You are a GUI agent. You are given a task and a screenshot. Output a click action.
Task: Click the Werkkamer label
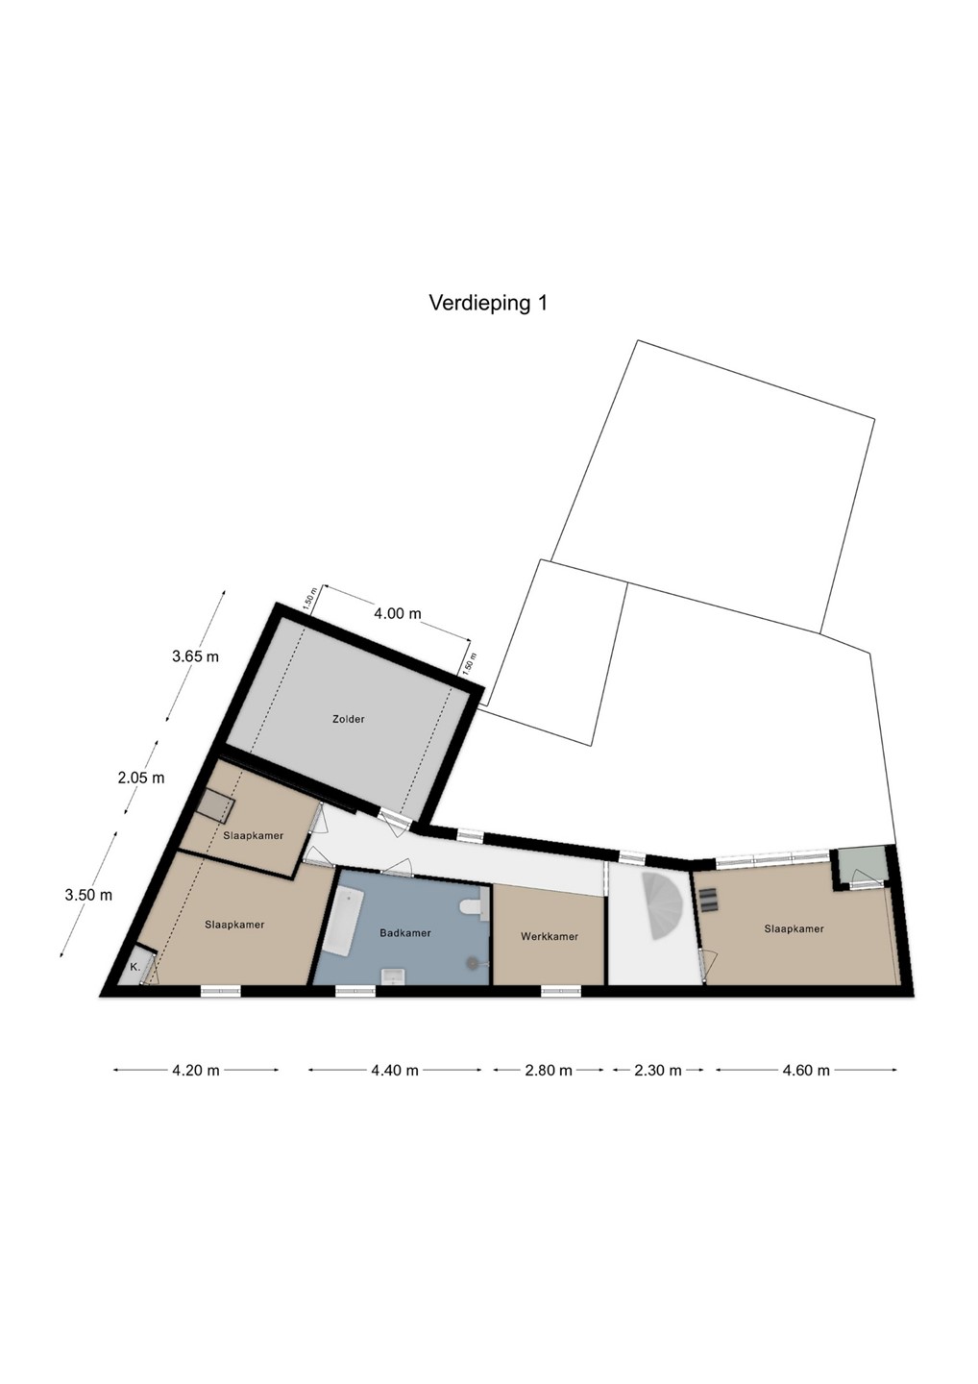click(550, 937)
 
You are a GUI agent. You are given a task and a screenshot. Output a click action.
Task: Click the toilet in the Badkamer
click(475, 906)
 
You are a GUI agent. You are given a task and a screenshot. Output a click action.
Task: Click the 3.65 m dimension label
click(195, 656)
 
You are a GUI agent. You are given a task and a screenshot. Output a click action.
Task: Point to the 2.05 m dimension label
click(141, 778)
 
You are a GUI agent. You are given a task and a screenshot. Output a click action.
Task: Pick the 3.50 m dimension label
click(88, 894)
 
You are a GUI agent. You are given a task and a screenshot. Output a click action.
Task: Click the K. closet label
click(134, 967)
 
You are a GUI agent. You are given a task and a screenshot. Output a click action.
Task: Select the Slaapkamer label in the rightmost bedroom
click(794, 928)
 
